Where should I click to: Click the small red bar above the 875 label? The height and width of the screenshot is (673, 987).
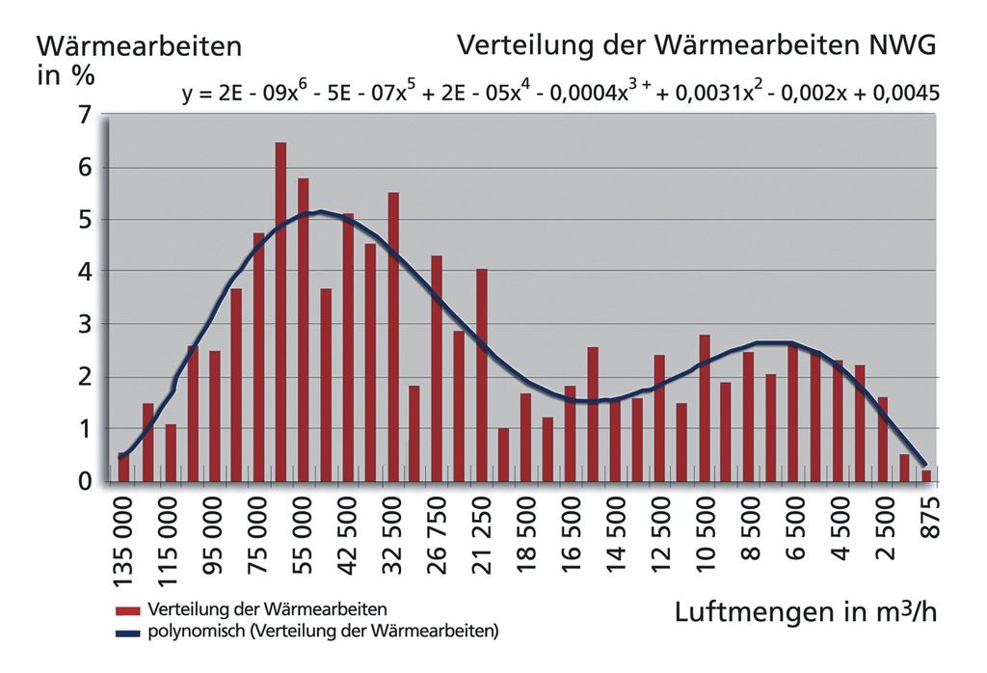(926, 475)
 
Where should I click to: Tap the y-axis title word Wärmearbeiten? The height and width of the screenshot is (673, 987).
(139, 46)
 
